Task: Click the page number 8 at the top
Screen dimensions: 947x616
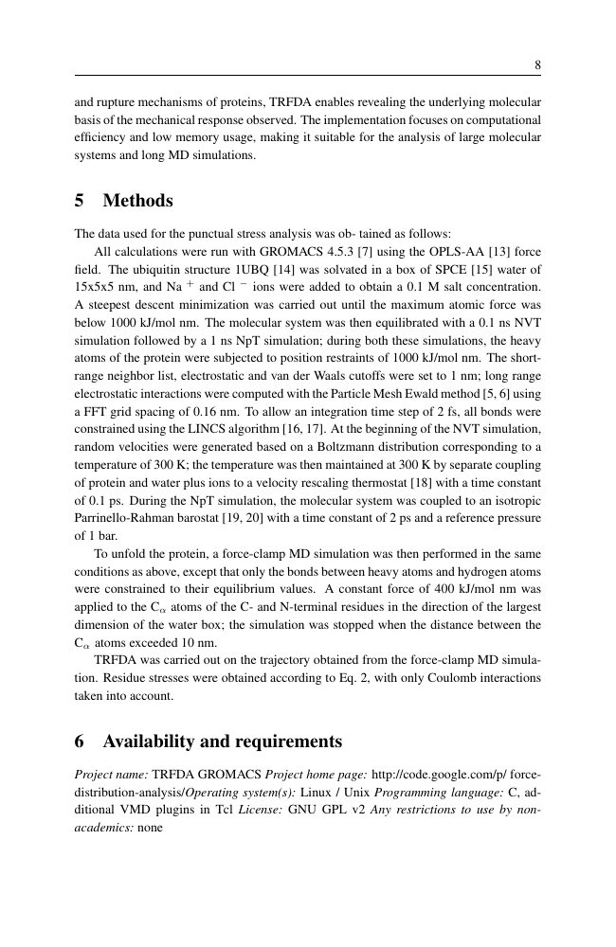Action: (x=537, y=65)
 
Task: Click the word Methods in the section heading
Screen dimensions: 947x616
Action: (x=137, y=202)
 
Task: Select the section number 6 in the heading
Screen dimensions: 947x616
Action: (x=80, y=740)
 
